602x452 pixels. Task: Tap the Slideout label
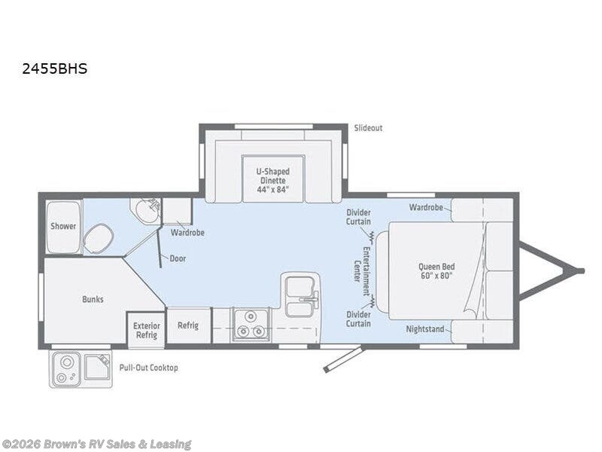pyautogui.click(x=368, y=128)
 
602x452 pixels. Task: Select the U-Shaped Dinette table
pyautogui.click(x=272, y=179)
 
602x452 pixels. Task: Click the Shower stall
pyautogui.click(x=63, y=226)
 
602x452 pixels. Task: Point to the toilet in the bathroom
pyautogui.click(x=97, y=240)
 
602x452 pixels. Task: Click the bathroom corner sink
pyautogui.click(x=144, y=210)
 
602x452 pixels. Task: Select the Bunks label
pyautogui.click(x=93, y=299)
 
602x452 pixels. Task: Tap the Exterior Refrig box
pyautogui.click(x=146, y=330)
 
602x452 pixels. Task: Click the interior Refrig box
pyautogui.click(x=188, y=325)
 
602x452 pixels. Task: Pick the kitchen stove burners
pyautogui.click(x=250, y=325)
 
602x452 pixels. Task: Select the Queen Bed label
pyautogui.click(x=436, y=270)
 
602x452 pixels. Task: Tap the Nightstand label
pyautogui.click(x=425, y=329)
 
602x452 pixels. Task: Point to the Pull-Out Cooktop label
pyautogui.click(x=148, y=368)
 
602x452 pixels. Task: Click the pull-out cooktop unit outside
pyautogui.click(x=81, y=368)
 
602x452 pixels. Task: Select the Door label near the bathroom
pyautogui.click(x=178, y=258)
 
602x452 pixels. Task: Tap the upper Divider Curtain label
pyautogui.click(x=357, y=218)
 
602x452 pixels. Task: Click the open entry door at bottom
pyautogui.click(x=343, y=359)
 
